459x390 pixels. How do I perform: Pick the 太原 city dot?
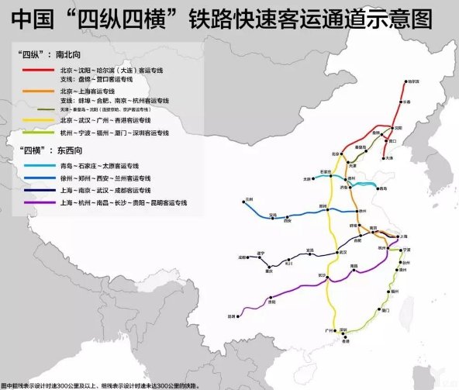312,179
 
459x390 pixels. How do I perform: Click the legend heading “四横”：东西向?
48,149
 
